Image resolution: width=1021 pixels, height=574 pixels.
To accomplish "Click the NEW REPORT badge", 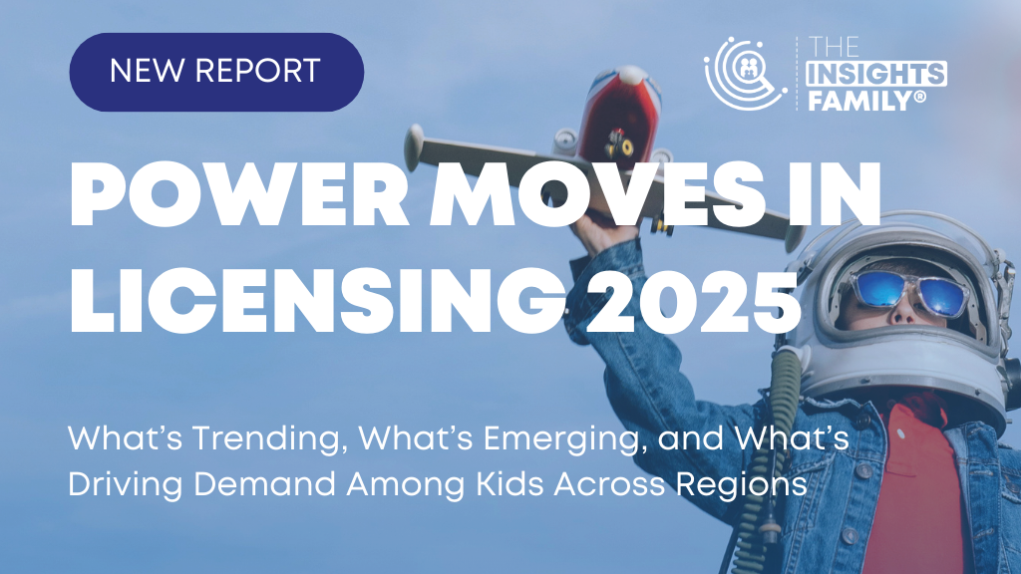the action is tap(216, 72).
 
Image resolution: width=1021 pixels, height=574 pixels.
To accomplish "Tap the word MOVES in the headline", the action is tap(598, 194).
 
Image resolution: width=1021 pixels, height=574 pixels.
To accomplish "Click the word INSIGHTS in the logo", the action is tap(876, 74).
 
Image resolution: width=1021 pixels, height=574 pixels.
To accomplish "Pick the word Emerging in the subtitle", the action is tap(561, 439).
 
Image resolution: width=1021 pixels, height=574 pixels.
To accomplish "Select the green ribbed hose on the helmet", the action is tap(769, 455).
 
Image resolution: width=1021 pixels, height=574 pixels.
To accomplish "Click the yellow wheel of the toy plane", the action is tap(626, 147).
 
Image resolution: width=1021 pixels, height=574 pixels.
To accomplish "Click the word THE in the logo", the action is tap(835, 48).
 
